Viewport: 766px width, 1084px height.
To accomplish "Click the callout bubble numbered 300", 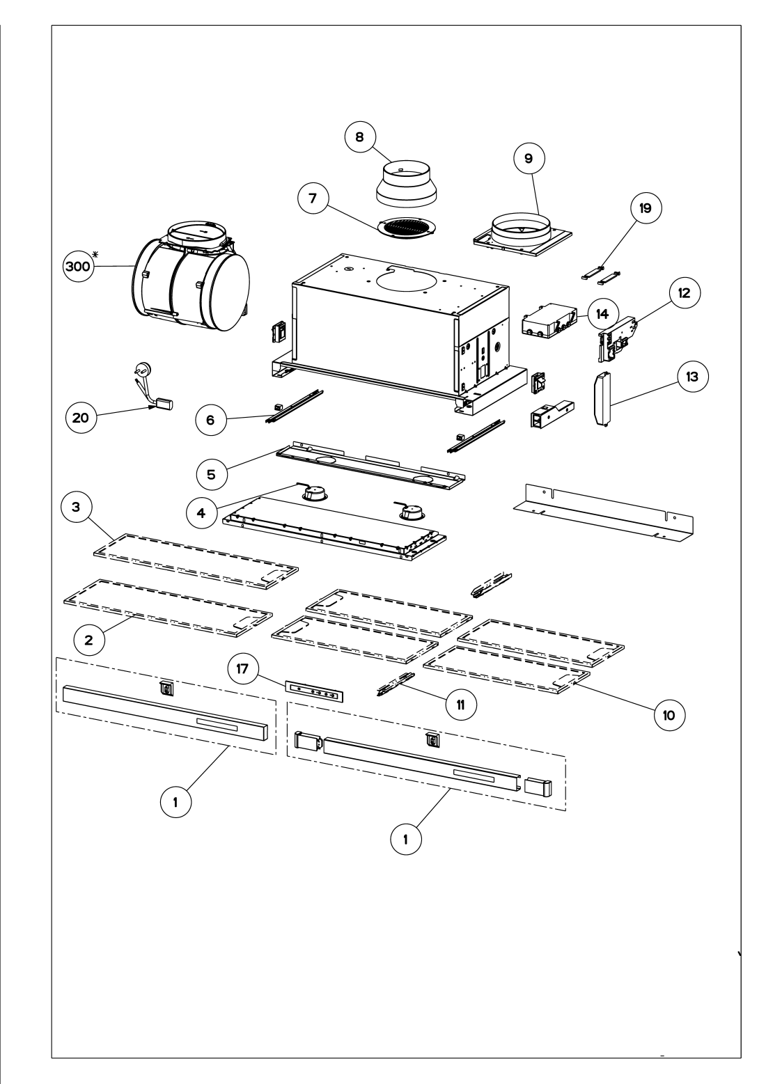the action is click(x=79, y=266).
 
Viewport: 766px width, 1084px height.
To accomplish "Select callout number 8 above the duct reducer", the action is click(x=359, y=137).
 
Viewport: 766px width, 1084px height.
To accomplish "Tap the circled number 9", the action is click(x=529, y=158).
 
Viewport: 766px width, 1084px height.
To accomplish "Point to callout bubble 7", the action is click(x=313, y=198).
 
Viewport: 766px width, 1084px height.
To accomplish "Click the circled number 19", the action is click(x=646, y=208).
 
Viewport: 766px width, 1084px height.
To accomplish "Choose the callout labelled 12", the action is click(x=685, y=293).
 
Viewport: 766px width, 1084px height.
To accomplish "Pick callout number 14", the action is click(x=602, y=314).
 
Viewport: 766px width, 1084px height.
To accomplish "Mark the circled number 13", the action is click(x=692, y=377).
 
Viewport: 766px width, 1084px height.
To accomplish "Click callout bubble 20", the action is click(x=81, y=418).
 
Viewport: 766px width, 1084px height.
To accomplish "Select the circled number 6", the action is click(x=210, y=420).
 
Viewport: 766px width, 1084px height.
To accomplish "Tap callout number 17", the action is click(x=242, y=669).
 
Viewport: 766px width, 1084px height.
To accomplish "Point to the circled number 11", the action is click(x=461, y=705).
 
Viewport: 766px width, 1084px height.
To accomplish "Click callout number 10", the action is click(x=669, y=715).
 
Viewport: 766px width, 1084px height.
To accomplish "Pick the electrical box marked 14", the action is click(x=549, y=320).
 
